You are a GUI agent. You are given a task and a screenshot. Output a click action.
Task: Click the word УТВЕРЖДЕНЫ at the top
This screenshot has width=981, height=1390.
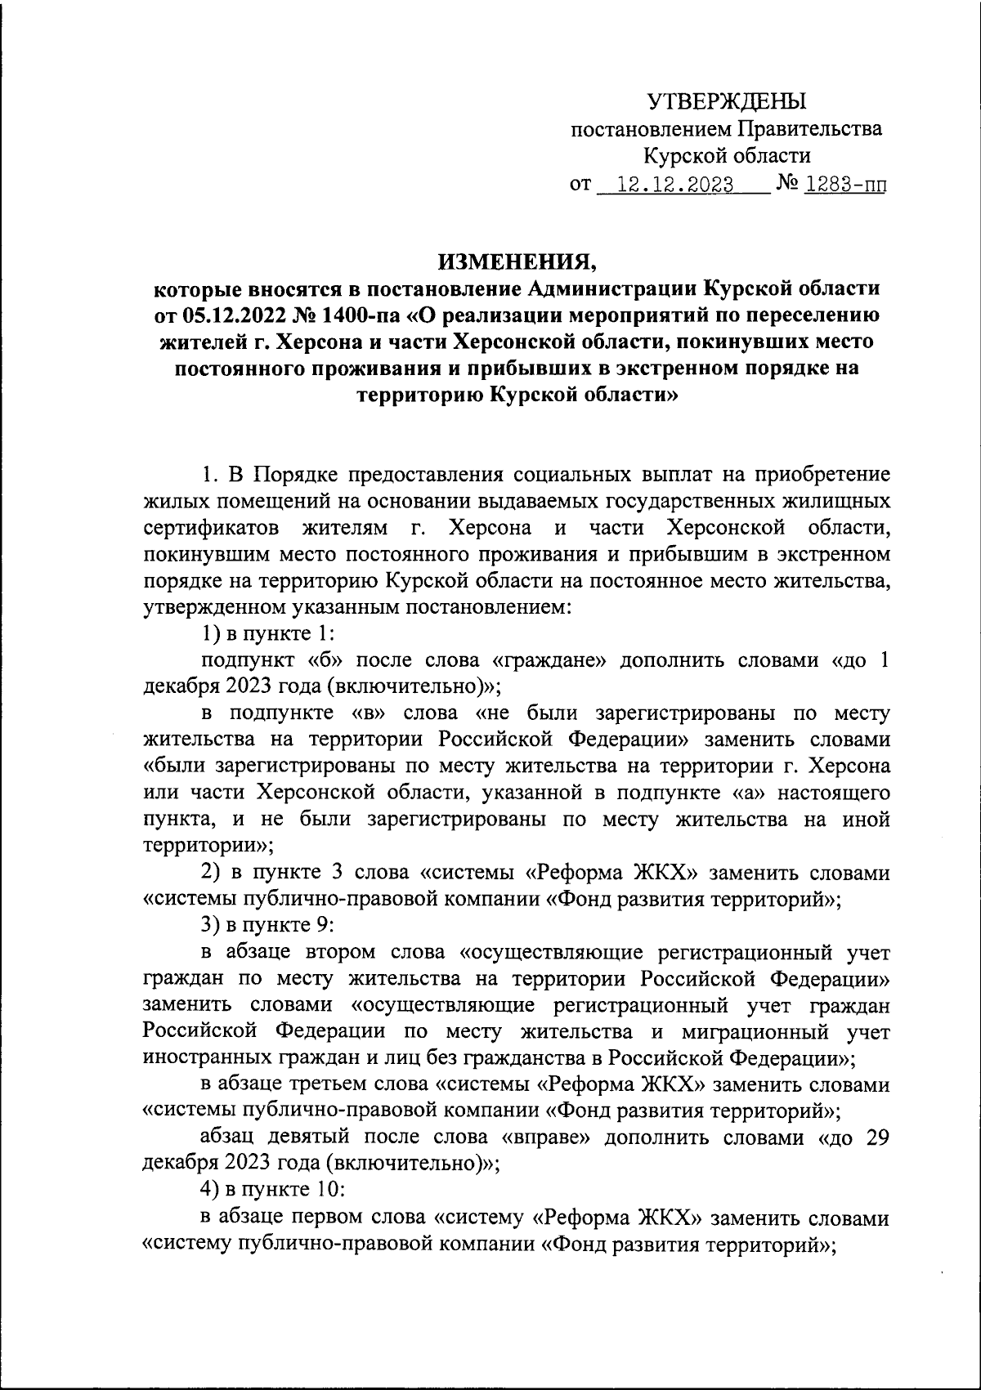point(726,101)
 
